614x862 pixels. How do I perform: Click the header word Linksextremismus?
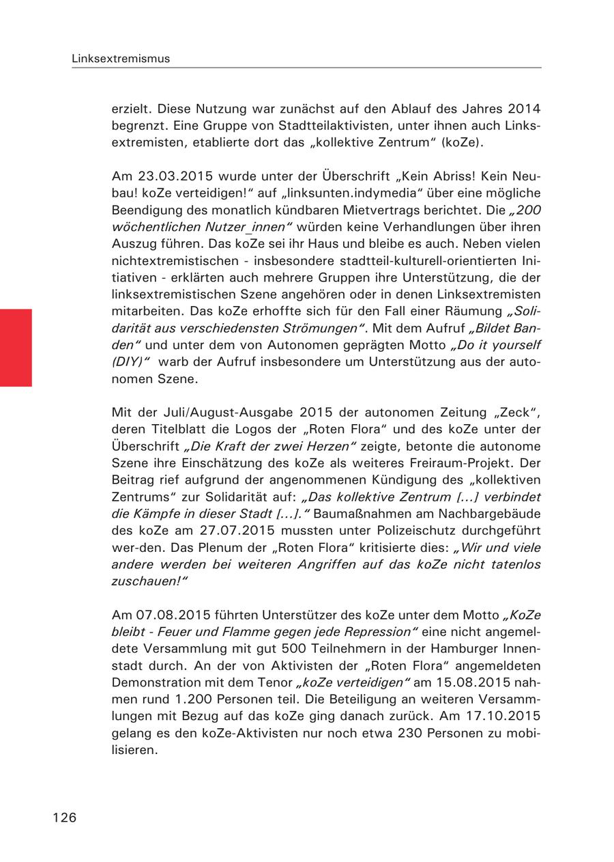tap(121, 59)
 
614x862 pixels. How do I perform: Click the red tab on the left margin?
tap(16, 348)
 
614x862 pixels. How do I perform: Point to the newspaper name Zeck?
tap(518, 413)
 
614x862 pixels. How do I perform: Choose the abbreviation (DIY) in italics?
tap(128, 362)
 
